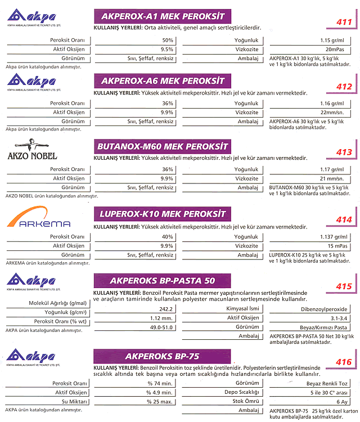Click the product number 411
point(344,22)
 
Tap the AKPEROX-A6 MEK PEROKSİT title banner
point(163,80)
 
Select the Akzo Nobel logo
point(32,149)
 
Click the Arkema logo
point(38,217)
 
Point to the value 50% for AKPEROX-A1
point(168,41)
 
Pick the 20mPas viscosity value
point(335,50)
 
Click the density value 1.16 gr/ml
point(332,104)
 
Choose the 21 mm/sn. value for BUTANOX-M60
point(332,179)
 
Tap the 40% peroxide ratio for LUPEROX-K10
point(168,237)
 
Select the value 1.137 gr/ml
point(334,237)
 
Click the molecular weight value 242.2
point(166,309)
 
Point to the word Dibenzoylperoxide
point(324,309)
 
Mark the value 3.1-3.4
point(339,318)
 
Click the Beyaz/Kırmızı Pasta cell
point(323,327)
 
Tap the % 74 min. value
point(160,384)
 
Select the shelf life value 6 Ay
point(342,402)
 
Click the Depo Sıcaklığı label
point(242,392)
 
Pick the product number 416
point(344,362)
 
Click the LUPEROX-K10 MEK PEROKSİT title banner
point(163,214)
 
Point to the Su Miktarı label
point(74,402)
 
